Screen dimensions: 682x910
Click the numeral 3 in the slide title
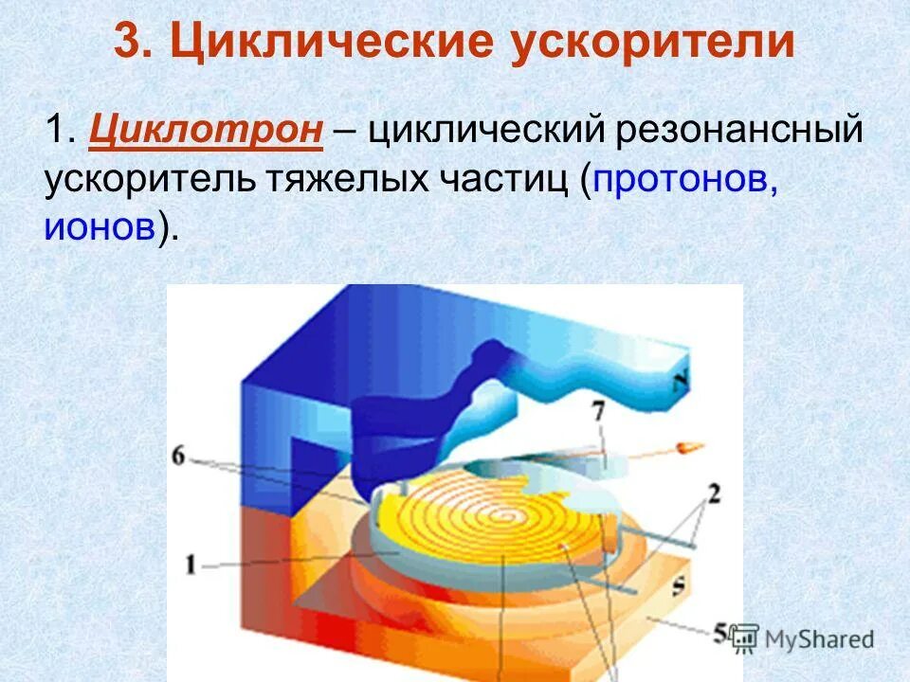pyautogui.click(x=128, y=43)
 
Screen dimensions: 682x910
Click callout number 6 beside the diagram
pyautogui.click(x=179, y=457)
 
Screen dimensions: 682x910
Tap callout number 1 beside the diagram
pyautogui.click(x=191, y=565)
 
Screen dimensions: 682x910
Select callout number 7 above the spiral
pyautogui.click(x=599, y=413)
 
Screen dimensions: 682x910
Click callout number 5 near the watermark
pyautogui.click(x=721, y=630)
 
